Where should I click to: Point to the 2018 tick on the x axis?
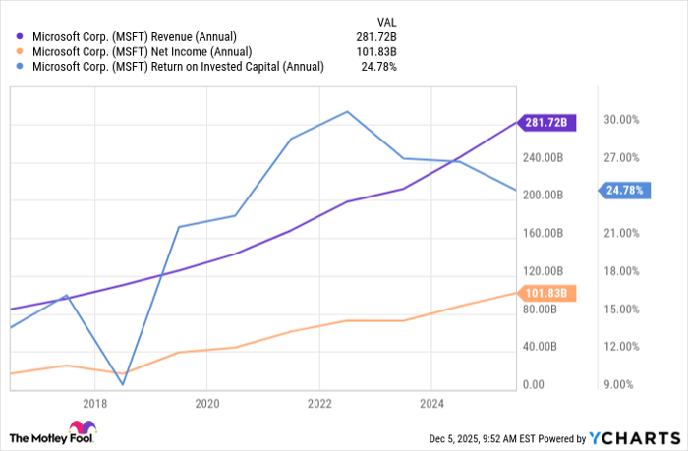[95, 403]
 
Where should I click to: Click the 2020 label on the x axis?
[207, 403]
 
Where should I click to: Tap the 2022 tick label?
[319, 403]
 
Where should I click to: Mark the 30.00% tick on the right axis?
[621, 120]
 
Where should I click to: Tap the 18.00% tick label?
[621, 271]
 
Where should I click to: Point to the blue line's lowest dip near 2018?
[123, 383]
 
